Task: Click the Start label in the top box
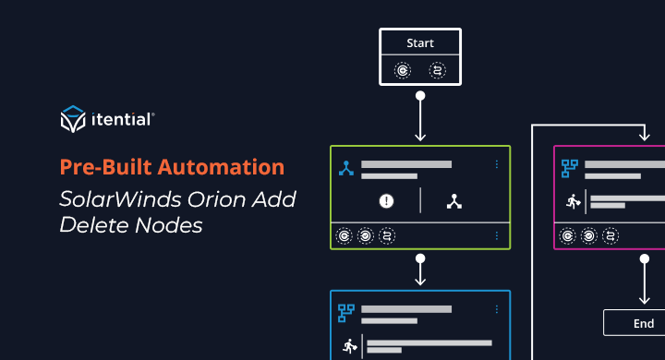420,42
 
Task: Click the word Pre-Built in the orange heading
101,167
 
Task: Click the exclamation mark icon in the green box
387,201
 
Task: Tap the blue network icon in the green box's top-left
346,168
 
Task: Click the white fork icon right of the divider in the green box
453,201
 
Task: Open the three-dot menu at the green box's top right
496,164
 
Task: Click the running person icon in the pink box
572,200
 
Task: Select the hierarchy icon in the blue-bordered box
347,312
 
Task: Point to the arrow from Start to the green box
420,116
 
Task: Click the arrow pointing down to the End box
643,281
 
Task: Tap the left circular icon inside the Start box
403,69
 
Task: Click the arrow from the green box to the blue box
420,269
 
